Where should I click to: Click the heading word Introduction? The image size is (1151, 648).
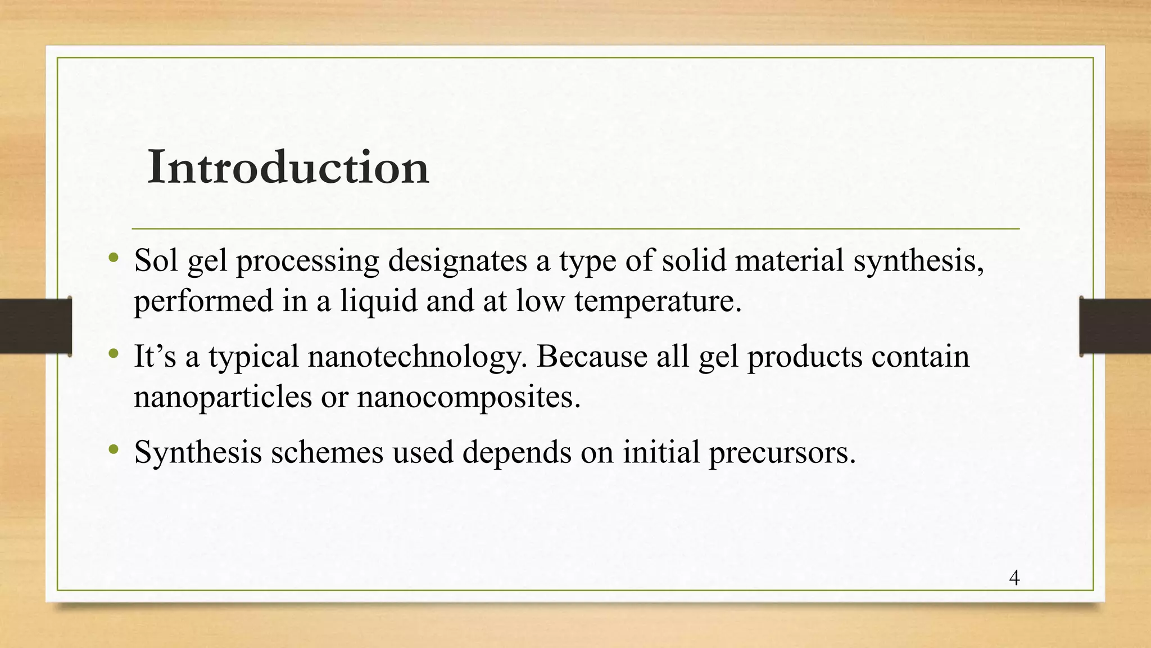pyautogui.click(x=288, y=167)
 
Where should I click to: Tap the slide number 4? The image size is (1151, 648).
pyautogui.click(x=1014, y=578)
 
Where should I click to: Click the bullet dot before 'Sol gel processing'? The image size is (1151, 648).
pyautogui.click(x=114, y=258)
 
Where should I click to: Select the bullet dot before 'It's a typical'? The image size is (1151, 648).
pyautogui.click(x=114, y=354)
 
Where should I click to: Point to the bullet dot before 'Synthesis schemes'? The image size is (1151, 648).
pyautogui.click(x=114, y=449)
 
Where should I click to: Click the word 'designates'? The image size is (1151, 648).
pyautogui.click(x=457, y=261)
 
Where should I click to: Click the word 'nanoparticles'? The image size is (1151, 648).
pyautogui.click(x=223, y=397)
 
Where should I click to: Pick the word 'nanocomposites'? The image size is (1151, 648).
pyautogui.click(x=468, y=397)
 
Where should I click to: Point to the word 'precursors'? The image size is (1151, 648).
pyautogui.click(x=782, y=452)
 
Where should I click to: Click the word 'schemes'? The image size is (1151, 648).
pyautogui.click(x=327, y=452)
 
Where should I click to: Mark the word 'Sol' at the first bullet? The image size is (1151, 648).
pyautogui.click(x=156, y=261)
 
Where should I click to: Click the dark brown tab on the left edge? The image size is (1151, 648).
pyautogui.click(x=35, y=326)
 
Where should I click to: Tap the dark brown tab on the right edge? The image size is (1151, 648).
pyautogui.click(x=1115, y=326)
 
